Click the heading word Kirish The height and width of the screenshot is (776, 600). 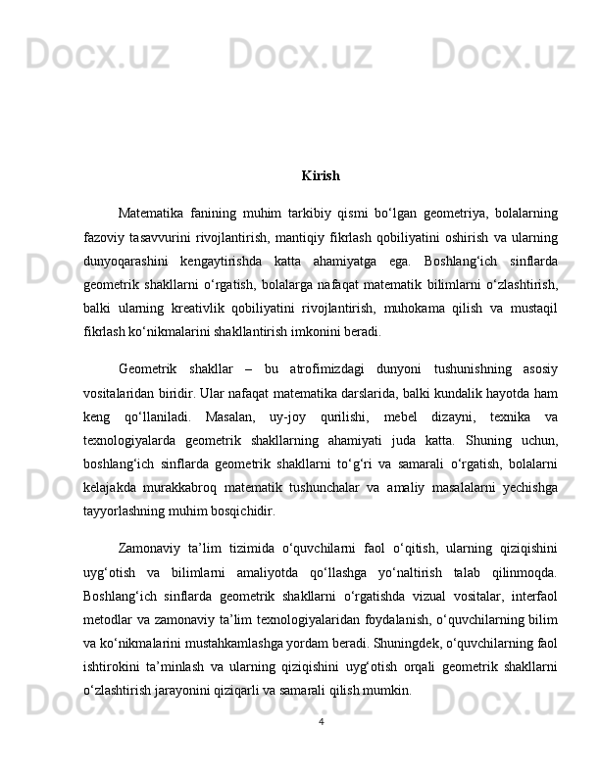click(x=321, y=176)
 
